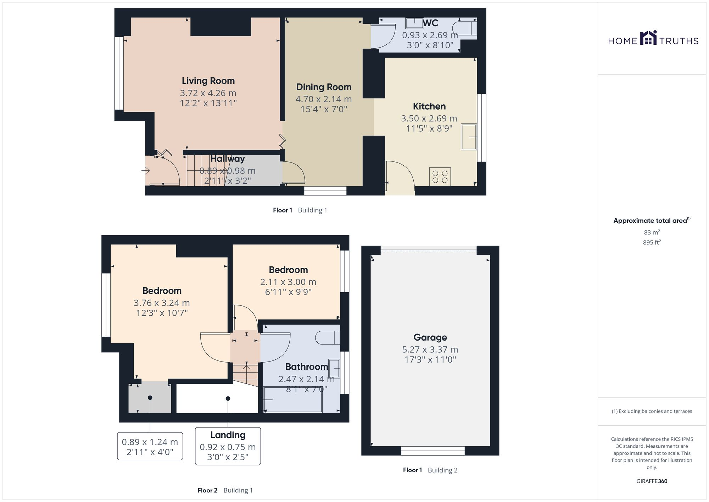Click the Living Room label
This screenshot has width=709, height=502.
click(x=208, y=81)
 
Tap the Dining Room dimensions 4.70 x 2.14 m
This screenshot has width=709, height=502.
click(x=323, y=99)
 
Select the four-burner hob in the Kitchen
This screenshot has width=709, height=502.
click(x=440, y=177)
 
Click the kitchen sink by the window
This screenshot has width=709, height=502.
click(x=468, y=137)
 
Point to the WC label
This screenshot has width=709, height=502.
click(x=431, y=23)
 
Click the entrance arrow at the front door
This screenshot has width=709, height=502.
click(x=146, y=171)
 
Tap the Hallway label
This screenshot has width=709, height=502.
click(x=228, y=159)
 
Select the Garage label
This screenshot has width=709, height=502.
click(x=430, y=337)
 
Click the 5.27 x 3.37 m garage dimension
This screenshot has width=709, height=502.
click(x=430, y=349)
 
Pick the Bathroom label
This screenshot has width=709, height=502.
click(x=307, y=367)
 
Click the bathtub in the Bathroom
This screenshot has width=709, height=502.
click(x=293, y=400)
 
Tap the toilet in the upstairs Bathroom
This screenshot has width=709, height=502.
click(x=327, y=338)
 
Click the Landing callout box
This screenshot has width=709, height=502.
click(x=228, y=446)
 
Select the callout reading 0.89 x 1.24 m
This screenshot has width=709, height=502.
click(x=150, y=446)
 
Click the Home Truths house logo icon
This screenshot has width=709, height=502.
click(x=648, y=38)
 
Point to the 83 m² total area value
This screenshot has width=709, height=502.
click(x=652, y=232)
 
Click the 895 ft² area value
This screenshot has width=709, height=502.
click(x=652, y=242)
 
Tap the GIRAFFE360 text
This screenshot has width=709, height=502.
click(x=652, y=481)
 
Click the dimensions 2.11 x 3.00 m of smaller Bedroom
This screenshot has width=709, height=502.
click(x=288, y=282)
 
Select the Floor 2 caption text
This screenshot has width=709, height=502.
click(x=207, y=490)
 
